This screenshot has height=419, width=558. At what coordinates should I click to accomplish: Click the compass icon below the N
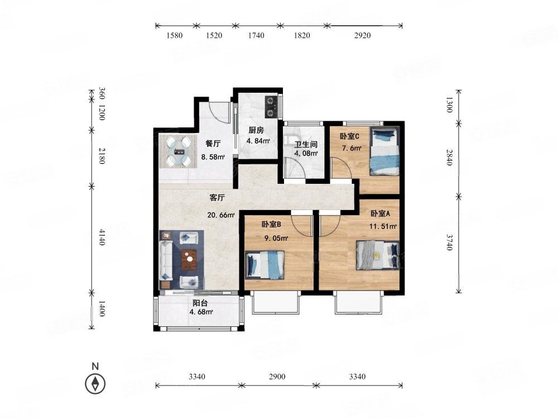pyautogui.click(x=95, y=384)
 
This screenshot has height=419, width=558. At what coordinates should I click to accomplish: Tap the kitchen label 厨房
pyautogui.click(x=256, y=130)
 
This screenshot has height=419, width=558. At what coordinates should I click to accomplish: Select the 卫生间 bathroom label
pyautogui.click(x=306, y=145)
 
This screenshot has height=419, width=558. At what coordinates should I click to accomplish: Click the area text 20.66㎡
pyautogui.click(x=221, y=215)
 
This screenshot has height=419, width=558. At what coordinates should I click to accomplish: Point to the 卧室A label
pyautogui.click(x=380, y=214)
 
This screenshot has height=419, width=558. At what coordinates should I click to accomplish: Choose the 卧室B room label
pyautogui.click(x=271, y=225)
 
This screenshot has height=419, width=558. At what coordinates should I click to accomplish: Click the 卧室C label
pyautogui.click(x=349, y=136)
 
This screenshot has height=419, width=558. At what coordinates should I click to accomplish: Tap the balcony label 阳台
pyautogui.click(x=200, y=303)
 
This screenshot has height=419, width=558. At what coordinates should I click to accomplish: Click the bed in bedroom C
pyautogui.click(x=384, y=151)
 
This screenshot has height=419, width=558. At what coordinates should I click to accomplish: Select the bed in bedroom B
pyautogui.click(x=264, y=265)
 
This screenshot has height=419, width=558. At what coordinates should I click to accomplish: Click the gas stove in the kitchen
pyautogui.click(x=271, y=107)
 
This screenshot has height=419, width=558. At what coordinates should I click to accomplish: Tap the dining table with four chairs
pyautogui.click(x=177, y=152)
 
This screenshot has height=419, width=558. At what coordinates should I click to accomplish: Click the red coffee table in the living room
pyautogui.click(x=189, y=259)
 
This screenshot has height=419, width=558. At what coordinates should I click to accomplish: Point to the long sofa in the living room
pyautogui.click(x=166, y=260)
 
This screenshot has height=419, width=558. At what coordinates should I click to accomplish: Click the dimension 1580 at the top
pyautogui.click(x=174, y=35)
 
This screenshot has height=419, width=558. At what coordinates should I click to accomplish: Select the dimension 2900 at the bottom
pyautogui.click(x=277, y=377)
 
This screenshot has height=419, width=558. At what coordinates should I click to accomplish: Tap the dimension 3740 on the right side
pyautogui.click(x=450, y=242)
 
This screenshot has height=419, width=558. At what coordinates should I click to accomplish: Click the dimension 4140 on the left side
pyautogui.click(x=102, y=237)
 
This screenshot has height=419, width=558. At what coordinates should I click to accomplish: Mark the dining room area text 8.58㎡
pyautogui.click(x=213, y=157)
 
